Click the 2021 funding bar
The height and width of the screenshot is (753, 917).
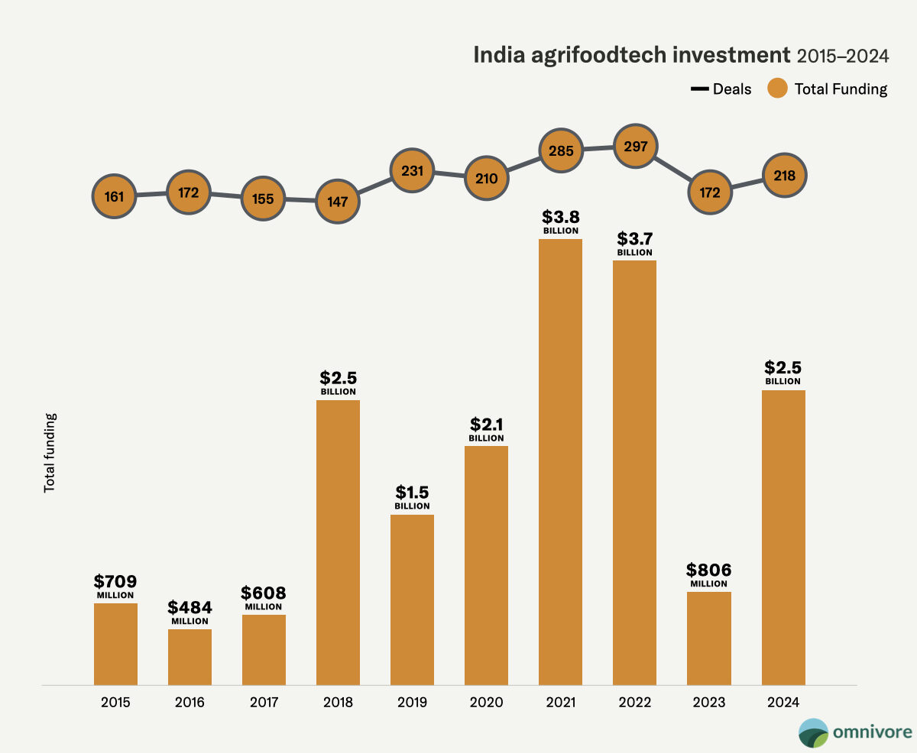pos(560,462)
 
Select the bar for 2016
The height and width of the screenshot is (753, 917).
pos(190,657)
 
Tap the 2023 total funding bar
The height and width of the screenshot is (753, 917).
pos(708,638)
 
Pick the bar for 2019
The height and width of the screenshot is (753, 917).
pos(412,599)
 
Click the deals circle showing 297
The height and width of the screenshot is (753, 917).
pos(635,146)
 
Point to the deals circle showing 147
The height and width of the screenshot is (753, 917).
pos(338,202)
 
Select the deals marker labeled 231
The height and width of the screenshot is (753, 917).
pos(412,170)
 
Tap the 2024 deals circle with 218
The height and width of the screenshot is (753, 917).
pos(784,176)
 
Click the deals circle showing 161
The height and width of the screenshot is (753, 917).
pos(115,196)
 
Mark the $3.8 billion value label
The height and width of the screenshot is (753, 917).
pos(561,220)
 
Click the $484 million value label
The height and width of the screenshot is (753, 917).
pos(190,612)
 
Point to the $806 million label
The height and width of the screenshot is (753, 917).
pos(709,574)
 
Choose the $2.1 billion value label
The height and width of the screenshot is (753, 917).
pos(486,428)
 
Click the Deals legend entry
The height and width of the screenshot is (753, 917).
pos(721,89)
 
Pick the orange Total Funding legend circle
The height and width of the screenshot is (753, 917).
pos(777,89)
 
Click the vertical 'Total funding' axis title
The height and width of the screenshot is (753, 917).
pos(50,453)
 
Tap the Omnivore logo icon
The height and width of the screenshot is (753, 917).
pos(813,732)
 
